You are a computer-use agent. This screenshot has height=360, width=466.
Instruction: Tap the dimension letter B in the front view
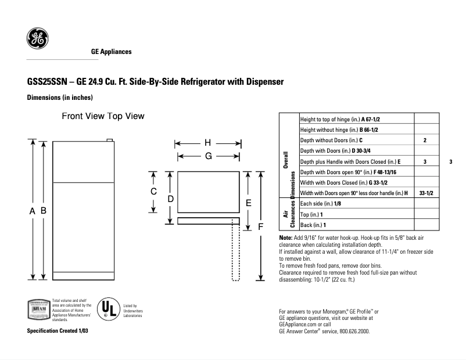pyautogui.click(x=43, y=211)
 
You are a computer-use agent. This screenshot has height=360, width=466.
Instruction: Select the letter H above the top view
pyautogui.click(x=207, y=143)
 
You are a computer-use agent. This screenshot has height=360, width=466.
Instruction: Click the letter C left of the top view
pyautogui.click(x=153, y=192)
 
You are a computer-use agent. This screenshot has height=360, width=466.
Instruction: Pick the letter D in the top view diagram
pyautogui.click(x=170, y=199)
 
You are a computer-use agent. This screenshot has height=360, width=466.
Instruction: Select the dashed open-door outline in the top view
pyautogui.click(x=236, y=253)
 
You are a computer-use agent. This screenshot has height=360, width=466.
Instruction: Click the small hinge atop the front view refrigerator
pyautogui.click(x=108, y=139)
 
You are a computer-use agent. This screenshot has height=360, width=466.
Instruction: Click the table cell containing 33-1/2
pyautogui.click(x=425, y=193)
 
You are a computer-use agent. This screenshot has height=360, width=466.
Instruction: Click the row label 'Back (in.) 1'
pyautogui.click(x=313, y=225)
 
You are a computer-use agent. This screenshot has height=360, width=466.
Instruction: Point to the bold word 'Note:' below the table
pyautogui.click(x=285, y=238)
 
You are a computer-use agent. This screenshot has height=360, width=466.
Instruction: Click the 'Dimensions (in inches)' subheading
pyautogui.click(x=60, y=98)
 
